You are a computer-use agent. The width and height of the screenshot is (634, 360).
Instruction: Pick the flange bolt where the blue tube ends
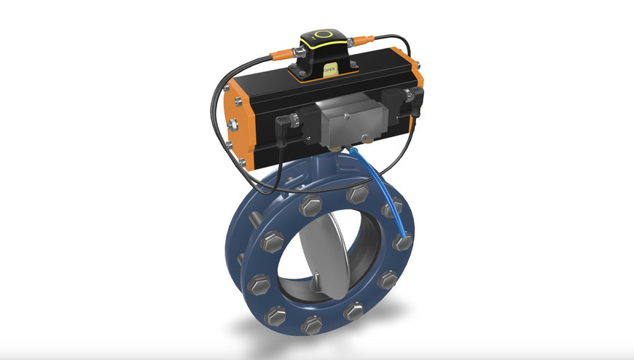point(402,240)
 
